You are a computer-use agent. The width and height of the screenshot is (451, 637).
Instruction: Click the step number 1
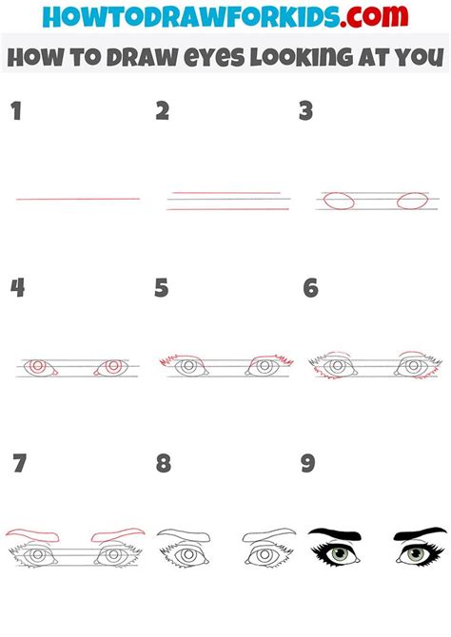click(x=15, y=111)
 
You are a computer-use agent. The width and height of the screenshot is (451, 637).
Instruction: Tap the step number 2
click(x=163, y=111)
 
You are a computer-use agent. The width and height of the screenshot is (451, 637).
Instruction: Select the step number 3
click(x=305, y=111)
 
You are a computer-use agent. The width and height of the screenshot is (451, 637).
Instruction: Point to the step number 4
click(x=16, y=288)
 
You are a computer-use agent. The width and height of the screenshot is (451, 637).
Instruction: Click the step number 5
click(x=163, y=288)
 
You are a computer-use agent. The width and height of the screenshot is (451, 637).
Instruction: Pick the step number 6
click(x=310, y=288)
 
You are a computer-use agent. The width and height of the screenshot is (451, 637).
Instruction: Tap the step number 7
click(x=19, y=464)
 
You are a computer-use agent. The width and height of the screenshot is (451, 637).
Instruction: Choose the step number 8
click(x=164, y=464)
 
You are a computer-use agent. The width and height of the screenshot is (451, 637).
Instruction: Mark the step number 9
click(x=307, y=464)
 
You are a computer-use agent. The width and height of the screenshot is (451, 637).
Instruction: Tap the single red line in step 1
click(x=78, y=199)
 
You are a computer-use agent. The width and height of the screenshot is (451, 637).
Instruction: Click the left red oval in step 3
click(x=339, y=201)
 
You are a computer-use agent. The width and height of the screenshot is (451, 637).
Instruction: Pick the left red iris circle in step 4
click(x=37, y=367)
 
